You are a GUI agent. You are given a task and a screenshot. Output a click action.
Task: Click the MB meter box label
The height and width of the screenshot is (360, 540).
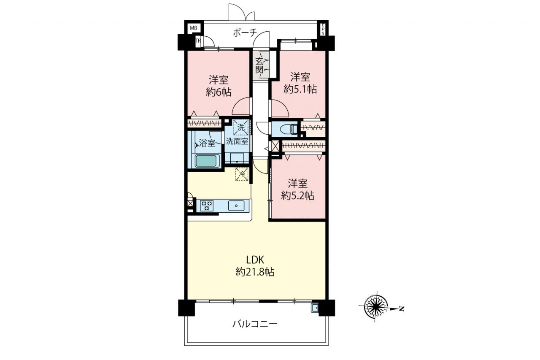(193, 28)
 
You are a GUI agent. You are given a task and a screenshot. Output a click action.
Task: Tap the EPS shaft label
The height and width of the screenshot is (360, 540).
(323, 30)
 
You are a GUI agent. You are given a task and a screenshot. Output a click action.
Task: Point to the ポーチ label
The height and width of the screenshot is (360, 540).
(245, 33)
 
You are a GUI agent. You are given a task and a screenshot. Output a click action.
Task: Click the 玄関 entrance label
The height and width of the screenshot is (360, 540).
(259, 65)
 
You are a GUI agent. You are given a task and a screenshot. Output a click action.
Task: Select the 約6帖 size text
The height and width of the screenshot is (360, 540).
(219, 92)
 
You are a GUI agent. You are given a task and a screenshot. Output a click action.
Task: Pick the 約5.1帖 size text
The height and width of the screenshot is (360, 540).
(300, 89)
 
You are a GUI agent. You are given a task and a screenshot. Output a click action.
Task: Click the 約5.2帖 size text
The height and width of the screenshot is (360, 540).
(298, 196)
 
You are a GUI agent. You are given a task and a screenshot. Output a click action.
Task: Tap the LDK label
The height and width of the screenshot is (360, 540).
(255, 260)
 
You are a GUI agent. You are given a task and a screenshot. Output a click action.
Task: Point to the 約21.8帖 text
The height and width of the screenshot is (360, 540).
(255, 272)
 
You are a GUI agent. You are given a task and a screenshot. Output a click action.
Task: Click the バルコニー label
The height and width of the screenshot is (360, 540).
(255, 324)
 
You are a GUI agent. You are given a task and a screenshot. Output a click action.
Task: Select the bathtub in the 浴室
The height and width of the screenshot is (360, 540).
(206, 161)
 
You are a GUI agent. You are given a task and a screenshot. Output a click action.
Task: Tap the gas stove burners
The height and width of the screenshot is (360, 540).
(207, 206)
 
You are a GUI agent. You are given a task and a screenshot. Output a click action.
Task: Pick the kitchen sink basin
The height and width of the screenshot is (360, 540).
(236, 206)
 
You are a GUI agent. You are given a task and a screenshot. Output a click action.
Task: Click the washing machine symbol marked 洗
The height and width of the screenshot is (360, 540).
(241, 127)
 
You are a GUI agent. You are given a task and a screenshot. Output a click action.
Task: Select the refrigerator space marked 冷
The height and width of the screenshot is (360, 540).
(242, 174)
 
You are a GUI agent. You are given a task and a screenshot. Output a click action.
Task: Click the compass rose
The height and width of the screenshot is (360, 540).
(375, 306)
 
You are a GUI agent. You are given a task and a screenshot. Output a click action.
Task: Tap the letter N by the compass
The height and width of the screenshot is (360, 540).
(401, 309)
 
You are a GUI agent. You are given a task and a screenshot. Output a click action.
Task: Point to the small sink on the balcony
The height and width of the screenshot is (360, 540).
(315, 308)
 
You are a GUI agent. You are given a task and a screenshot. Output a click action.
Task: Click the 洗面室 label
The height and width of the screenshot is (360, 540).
(237, 141)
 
